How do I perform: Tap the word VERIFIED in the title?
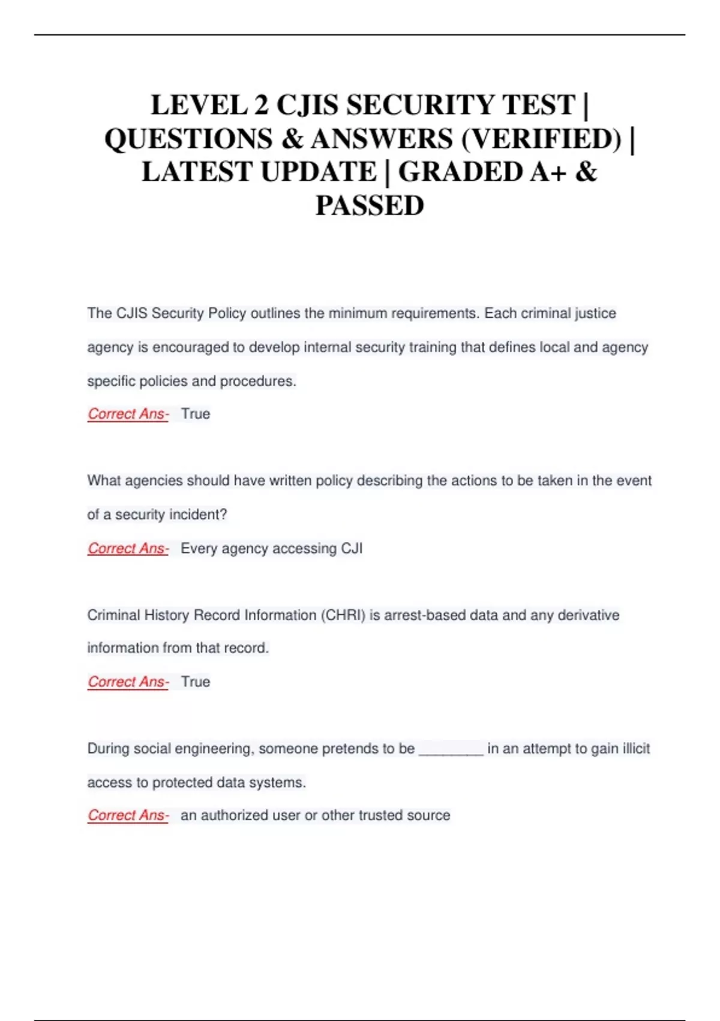(x=542, y=139)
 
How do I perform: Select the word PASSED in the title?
(x=370, y=205)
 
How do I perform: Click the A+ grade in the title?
(x=548, y=172)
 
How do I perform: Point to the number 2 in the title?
(x=261, y=105)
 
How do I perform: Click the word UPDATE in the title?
(x=319, y=172)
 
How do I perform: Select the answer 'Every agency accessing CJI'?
(x=271, y=548)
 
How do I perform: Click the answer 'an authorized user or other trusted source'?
(x=315, y=815)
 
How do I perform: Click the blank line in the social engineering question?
(x=451, y=750)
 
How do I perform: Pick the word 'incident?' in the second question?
(x=199, y=515)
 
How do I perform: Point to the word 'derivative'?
(x=588, y=615)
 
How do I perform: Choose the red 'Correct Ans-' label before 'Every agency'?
(x=128, y=548)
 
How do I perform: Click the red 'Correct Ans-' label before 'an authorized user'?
(x=128, y=815)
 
